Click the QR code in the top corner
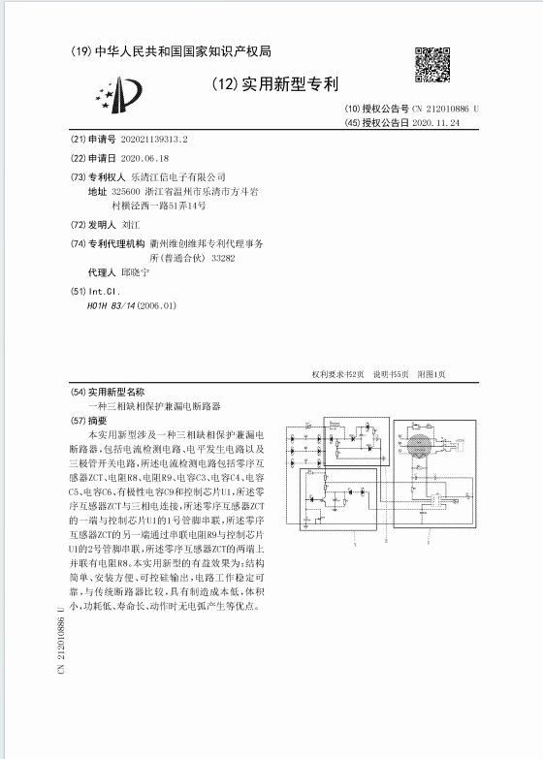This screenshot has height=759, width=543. click(433, 64)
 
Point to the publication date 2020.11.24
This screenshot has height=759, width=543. click(435, 124)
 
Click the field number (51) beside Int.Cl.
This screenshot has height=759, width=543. click(78, 291)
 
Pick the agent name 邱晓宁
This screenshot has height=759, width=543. click(136, 273)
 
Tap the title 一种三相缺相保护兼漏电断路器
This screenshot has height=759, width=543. click(154, 406)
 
